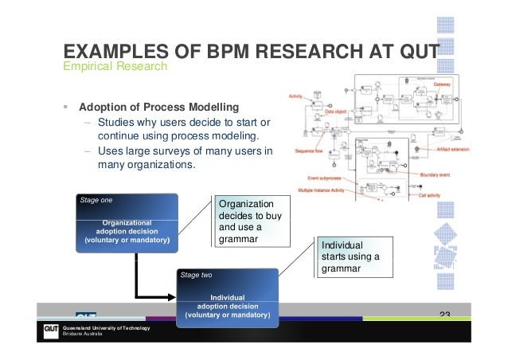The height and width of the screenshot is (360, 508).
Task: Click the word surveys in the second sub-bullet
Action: [182, 151]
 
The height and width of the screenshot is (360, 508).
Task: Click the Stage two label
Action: [196, 275]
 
